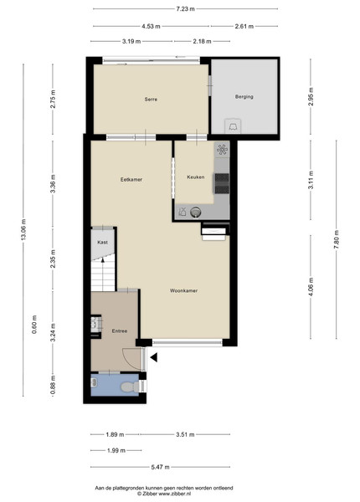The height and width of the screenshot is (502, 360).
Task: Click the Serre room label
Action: pos(151,100)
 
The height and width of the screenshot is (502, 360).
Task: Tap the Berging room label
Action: pos(244,96)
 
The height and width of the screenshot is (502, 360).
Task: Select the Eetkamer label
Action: pos(131,180)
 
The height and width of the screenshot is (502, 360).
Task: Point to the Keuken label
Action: pos(196,177)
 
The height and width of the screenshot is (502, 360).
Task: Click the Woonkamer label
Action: pos(183,290)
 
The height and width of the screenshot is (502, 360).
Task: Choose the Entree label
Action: pos(120,331)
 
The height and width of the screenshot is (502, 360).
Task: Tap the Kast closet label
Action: pos(102,243)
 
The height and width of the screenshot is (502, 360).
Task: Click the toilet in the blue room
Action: pos(130,387)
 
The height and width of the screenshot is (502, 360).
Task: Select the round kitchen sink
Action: pos(195,212)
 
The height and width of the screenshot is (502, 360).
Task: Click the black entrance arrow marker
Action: pos(154,357)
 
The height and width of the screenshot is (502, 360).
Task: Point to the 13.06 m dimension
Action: pos(24,229)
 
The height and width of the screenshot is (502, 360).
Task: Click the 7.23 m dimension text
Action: pos(186,9)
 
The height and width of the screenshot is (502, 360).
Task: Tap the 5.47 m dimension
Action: pos(160,467)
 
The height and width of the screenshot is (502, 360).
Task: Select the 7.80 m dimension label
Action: pos(336,239)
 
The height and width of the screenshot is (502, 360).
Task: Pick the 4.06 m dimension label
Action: pos(311,287)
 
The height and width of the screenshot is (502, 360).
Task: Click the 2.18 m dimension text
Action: pos(202,41)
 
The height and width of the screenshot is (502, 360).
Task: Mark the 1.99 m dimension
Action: pos(116,450)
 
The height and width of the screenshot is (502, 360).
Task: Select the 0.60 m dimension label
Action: pos(34,325)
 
